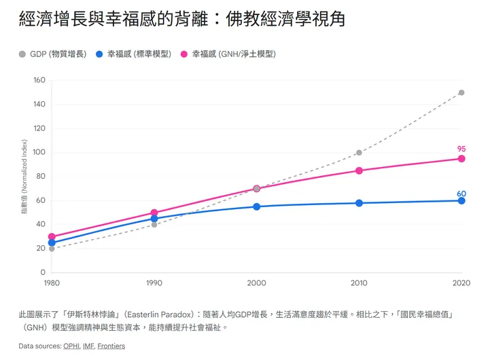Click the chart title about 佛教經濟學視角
[182, 19]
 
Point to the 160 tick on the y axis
[39, 80]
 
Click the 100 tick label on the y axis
[39, 152]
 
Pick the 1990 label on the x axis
[154, 283]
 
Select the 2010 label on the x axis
[359, 283]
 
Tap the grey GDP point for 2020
[462, 92]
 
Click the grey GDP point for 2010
[359, 153]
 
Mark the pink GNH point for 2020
[462, 158]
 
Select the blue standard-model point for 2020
[462, 200]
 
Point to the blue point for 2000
[257, 206]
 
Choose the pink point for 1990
[154, 213]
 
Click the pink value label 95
[462, 149]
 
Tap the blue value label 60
[462, 194]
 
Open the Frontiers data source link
[111, 346]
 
